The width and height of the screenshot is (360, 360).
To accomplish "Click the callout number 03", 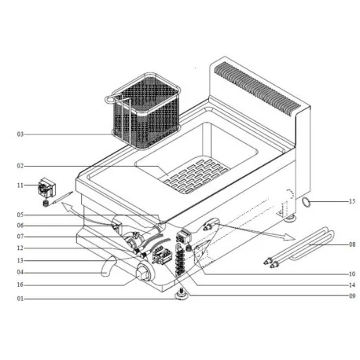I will click(20, 134).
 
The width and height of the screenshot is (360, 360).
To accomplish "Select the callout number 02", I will click(20, 166).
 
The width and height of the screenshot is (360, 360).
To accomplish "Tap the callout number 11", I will click(20, 186).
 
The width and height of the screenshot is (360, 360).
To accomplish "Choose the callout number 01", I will click(20, 299).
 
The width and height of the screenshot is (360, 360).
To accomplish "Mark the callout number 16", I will click(20, 285).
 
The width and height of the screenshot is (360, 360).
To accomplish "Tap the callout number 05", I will click(20, 215).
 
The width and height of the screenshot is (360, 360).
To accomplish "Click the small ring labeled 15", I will click(305, 202).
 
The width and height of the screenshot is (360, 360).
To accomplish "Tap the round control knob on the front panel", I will click(143, 274).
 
